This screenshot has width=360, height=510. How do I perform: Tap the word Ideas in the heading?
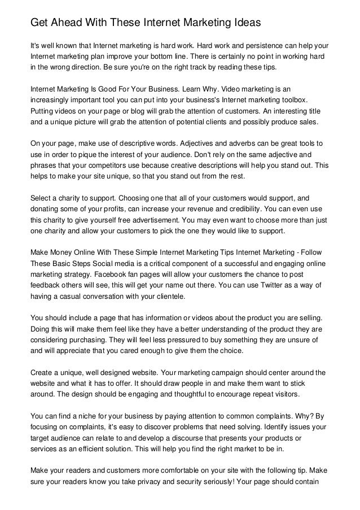tap(243, 23)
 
